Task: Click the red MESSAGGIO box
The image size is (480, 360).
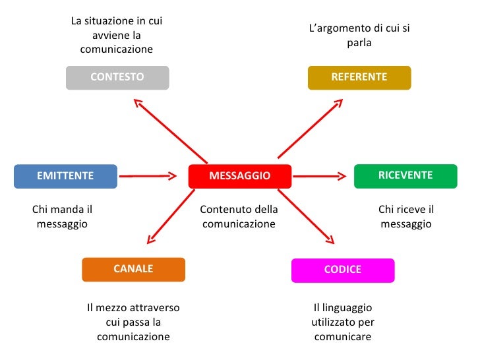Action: (x=240, y=176)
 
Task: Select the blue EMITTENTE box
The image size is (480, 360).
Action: (x=65, y=176)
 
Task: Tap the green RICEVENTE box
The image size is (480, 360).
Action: (x=405, y=175)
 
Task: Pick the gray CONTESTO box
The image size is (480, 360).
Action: (x=117, y=77)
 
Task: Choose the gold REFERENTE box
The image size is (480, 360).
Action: (x=359, y=77)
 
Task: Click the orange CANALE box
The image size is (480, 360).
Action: (x=133, y=269)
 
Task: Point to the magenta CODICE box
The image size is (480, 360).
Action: (x=343, y=270)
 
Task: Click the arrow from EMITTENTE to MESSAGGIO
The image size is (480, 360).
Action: (x=149, y=176)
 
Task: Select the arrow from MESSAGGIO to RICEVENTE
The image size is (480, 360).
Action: (x=319, y=176)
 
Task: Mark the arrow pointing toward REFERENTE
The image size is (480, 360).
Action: (x=311, y=128)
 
